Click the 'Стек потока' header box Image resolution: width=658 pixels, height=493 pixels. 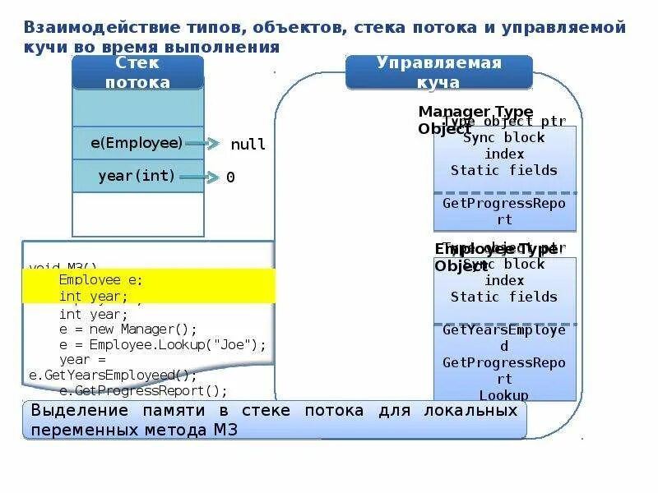[x=137, y=73]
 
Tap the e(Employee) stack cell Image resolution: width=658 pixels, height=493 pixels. [x=137, y=143]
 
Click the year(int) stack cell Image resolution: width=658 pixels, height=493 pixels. [x=137, y=176]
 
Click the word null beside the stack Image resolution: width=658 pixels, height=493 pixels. [x=248, y=145]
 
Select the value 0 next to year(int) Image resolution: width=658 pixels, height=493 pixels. [x=230, y=177]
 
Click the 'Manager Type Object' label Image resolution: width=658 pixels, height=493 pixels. [x=475, y=120]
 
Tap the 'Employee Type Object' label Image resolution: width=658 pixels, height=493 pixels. [x=494, y=257]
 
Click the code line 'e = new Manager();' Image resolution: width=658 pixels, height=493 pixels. [x=128, y=329]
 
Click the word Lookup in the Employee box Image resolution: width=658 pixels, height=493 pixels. [x=503, y=395]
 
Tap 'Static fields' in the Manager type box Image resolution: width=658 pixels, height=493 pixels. [x=503, y=170]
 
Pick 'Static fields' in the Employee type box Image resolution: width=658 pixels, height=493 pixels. [x=503, y=297]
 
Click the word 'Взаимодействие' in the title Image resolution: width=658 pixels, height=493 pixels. [x=91, y=28]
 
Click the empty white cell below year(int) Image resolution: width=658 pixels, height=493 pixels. [x=137, y=214]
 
